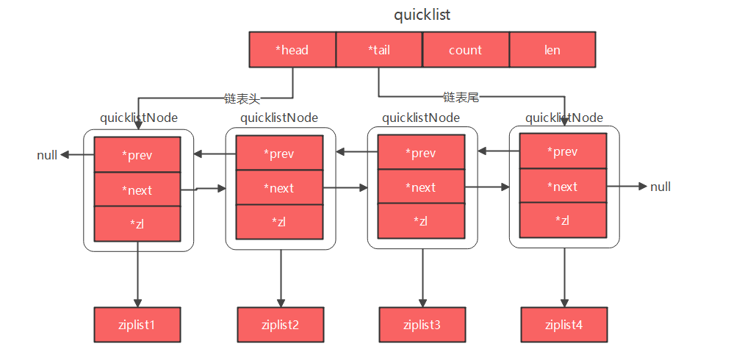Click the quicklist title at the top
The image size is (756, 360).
point(422,15)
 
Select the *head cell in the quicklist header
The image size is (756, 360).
point(292,50)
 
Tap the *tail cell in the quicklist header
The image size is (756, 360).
point(379,50)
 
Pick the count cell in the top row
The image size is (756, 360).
point(465,50)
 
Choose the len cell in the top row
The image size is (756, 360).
point(552,50)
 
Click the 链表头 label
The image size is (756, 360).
point(242,97)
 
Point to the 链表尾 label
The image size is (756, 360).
point(461,96)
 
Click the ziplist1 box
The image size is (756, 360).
point(137,325)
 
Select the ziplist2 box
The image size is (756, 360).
point(280,325)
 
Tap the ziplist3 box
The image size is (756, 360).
point(422,324)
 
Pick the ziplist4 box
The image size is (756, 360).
point(564,324)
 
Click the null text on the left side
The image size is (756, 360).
point(47,155)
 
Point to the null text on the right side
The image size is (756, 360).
point(660,187)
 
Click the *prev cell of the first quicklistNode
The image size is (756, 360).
point(137,155)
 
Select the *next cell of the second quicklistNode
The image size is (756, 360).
point(279,188)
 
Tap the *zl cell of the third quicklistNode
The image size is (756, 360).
point(421,220)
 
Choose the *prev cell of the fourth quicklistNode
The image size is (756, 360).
point(563,151)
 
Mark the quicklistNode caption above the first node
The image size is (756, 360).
point(139,118)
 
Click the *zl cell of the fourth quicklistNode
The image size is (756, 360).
point(563,220)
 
